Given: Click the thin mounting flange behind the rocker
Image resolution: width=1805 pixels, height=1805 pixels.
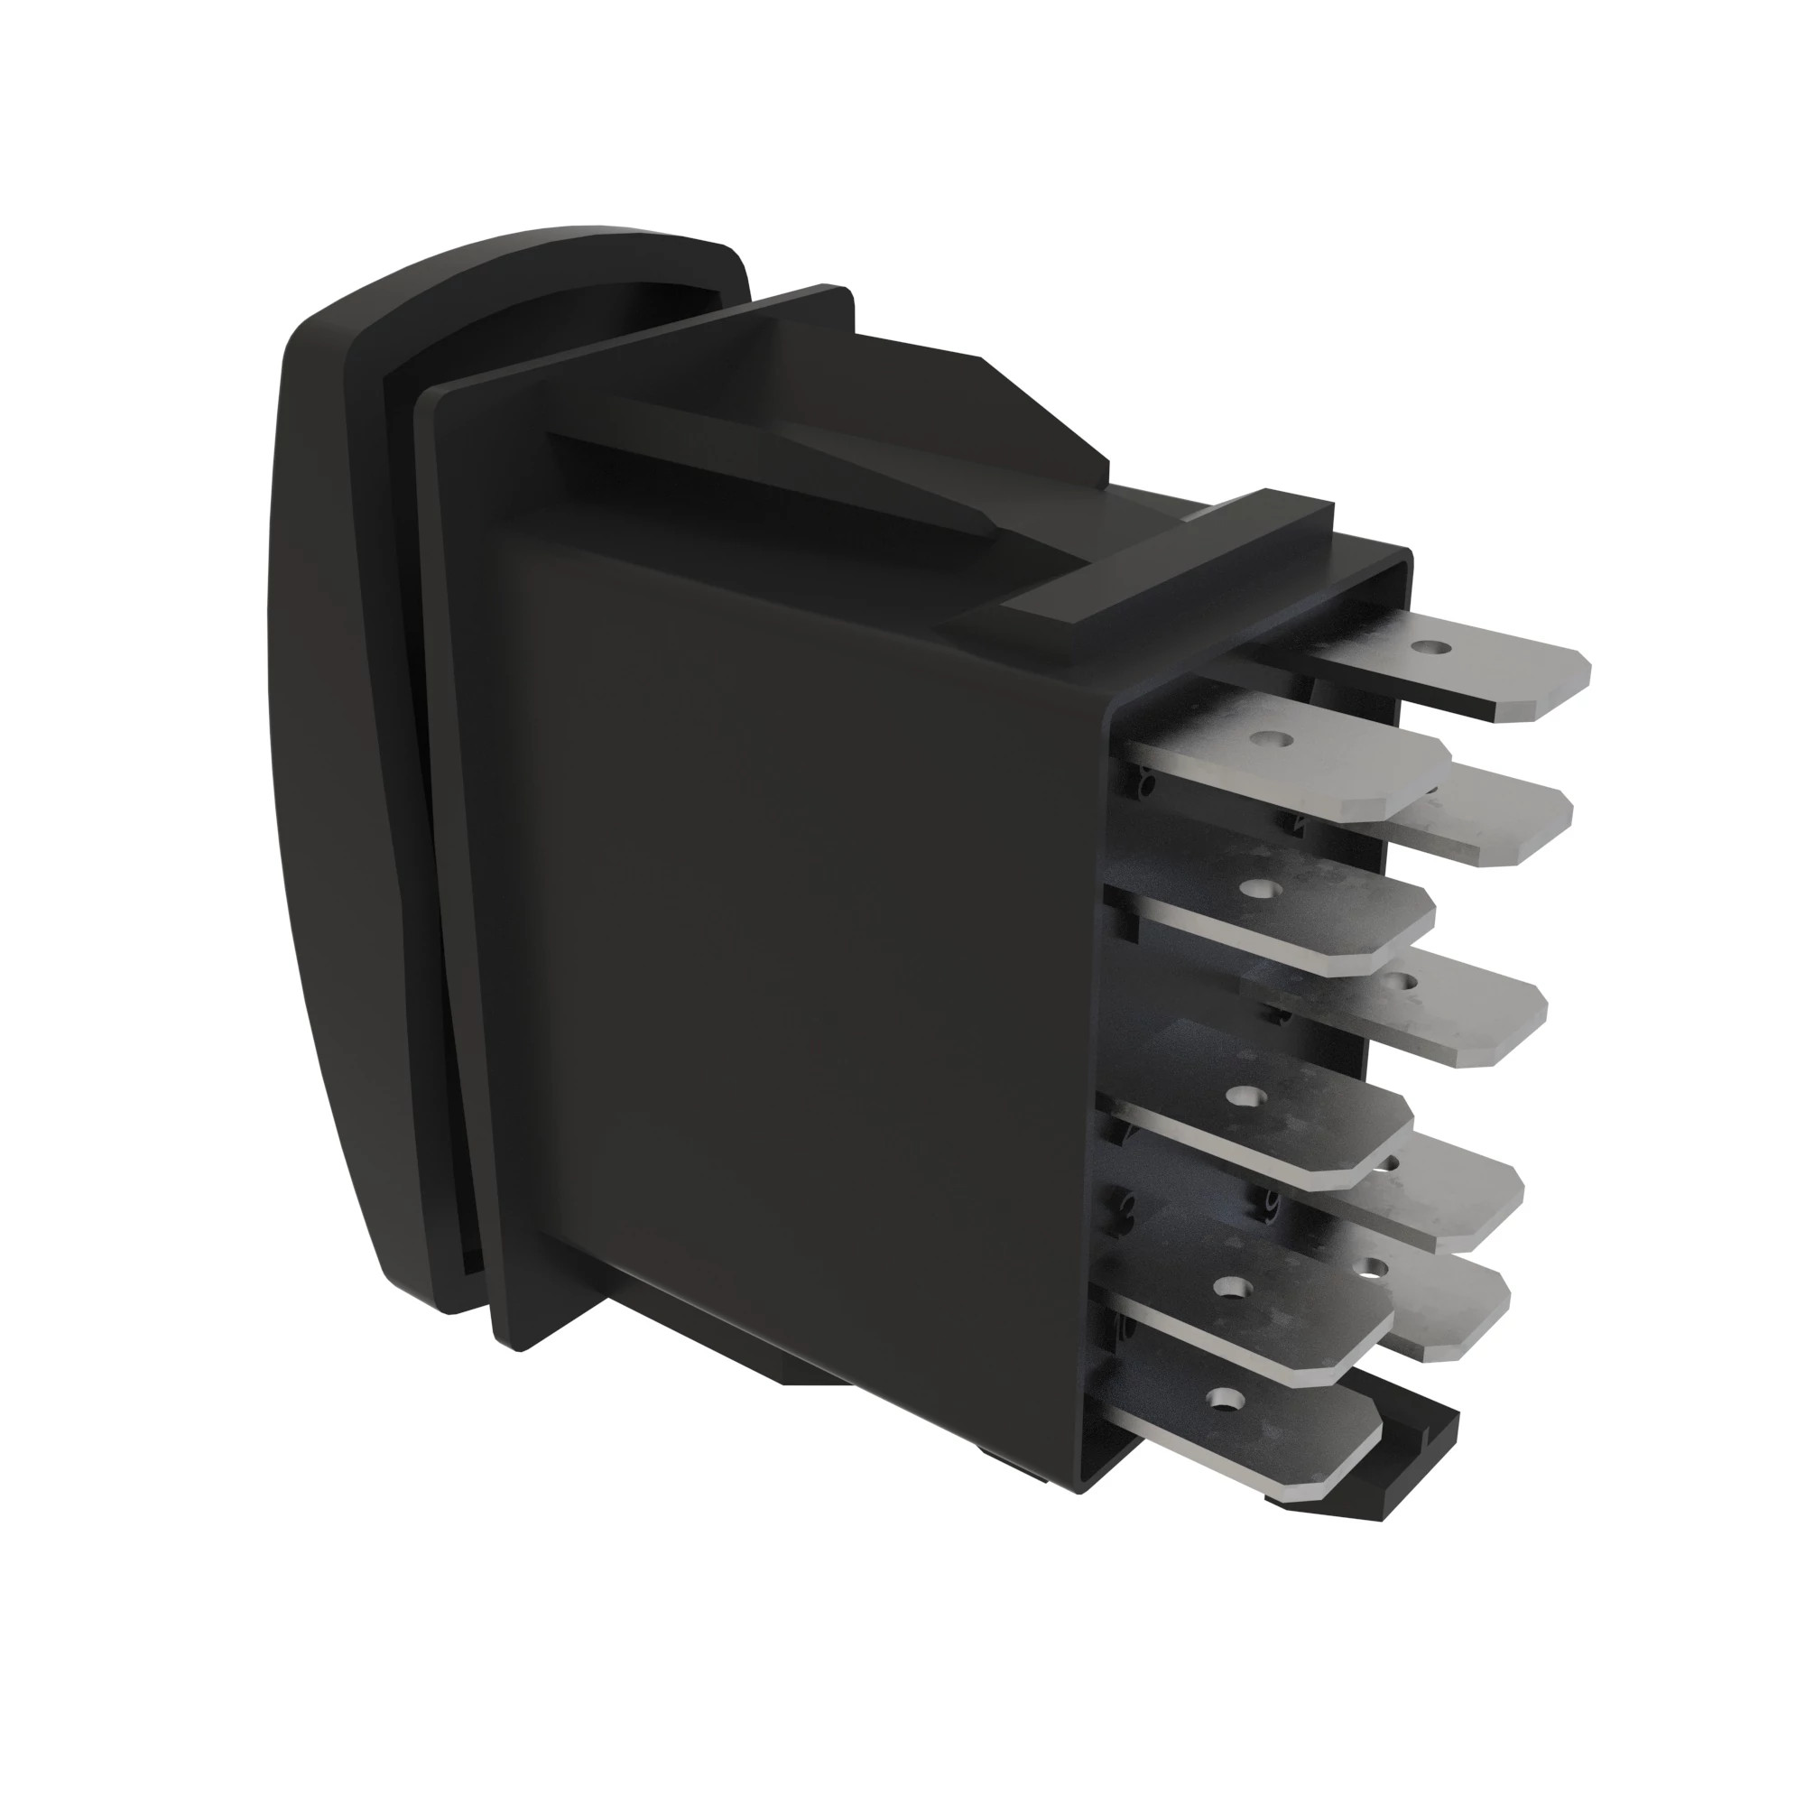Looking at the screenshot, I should coord(458,841).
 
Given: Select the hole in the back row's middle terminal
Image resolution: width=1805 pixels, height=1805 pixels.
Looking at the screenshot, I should coord(1399,980).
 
